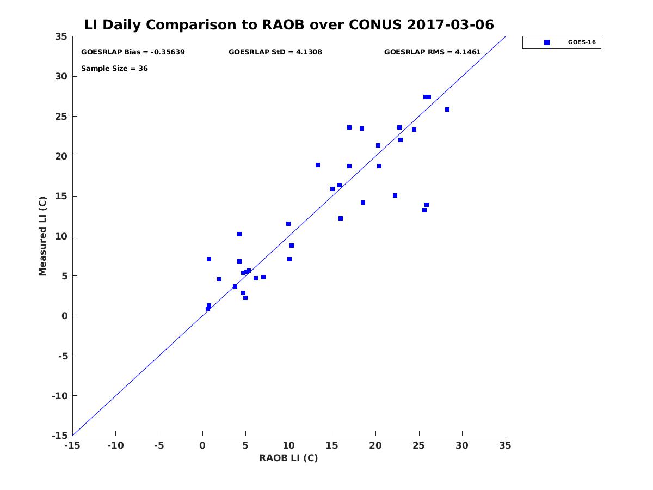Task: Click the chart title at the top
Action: click(x=289, y=24)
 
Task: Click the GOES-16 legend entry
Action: click(x=562, y=42)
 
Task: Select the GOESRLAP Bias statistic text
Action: click(x=133, y=52)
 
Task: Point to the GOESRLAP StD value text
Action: click(x=275, y=52)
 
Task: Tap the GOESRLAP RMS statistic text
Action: click(x=432, y=52)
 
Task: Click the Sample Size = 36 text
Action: click(x=114, y=69)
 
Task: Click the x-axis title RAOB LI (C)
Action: click(x=288, y=458)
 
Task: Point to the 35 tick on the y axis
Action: click(x=61, y=36)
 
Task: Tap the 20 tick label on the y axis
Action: click(x=61, y=156)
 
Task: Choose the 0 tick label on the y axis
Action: click(x=64, y=316)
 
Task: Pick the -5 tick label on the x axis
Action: click(x=159, y=445)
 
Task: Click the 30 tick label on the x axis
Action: click(x=462, y=445)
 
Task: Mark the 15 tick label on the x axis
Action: click(x=332, y=445)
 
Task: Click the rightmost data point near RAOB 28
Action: click(x=447, y=109)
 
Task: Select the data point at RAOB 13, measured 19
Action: click(x=318, y=165)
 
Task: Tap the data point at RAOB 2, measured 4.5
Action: click(x=219, y=279)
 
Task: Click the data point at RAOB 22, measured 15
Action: click(x=395, y=195)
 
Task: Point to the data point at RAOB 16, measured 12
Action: click(x=341, y=218)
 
